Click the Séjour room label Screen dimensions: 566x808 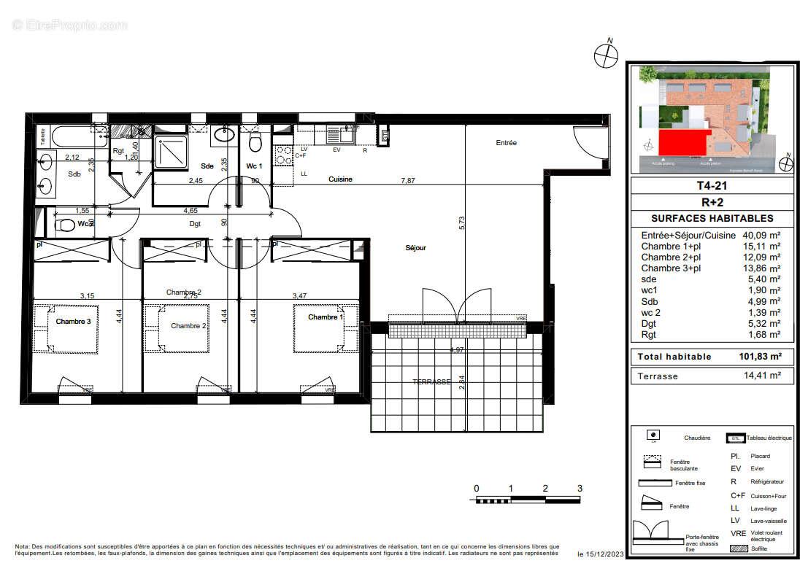tap(415, 248)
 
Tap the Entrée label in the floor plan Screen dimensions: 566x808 tap(507, 143)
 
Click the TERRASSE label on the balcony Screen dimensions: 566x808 tap(432, 382)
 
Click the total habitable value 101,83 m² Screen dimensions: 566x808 tap(755, 357)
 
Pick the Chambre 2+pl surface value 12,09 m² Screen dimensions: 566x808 tap(764, 257)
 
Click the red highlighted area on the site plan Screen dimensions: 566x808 tap(684, 144)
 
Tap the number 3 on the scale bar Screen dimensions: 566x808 tap(580, 489)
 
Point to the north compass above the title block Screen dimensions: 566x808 tap(605, 55)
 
